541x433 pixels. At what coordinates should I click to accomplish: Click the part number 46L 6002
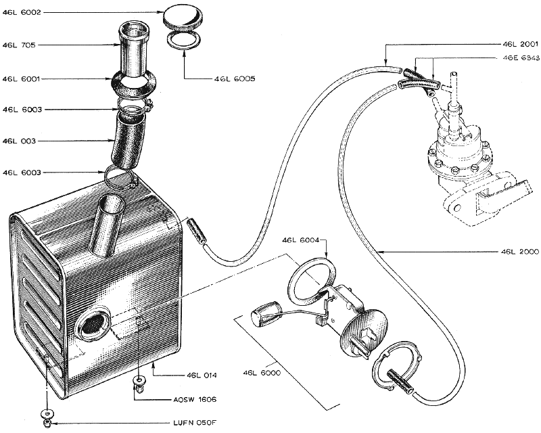[x=22, y=13]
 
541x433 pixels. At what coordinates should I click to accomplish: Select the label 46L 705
[x=19, y=45]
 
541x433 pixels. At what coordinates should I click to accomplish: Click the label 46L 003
[x=19, y=141]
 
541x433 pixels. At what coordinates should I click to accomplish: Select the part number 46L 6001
[x=22, y=78]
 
